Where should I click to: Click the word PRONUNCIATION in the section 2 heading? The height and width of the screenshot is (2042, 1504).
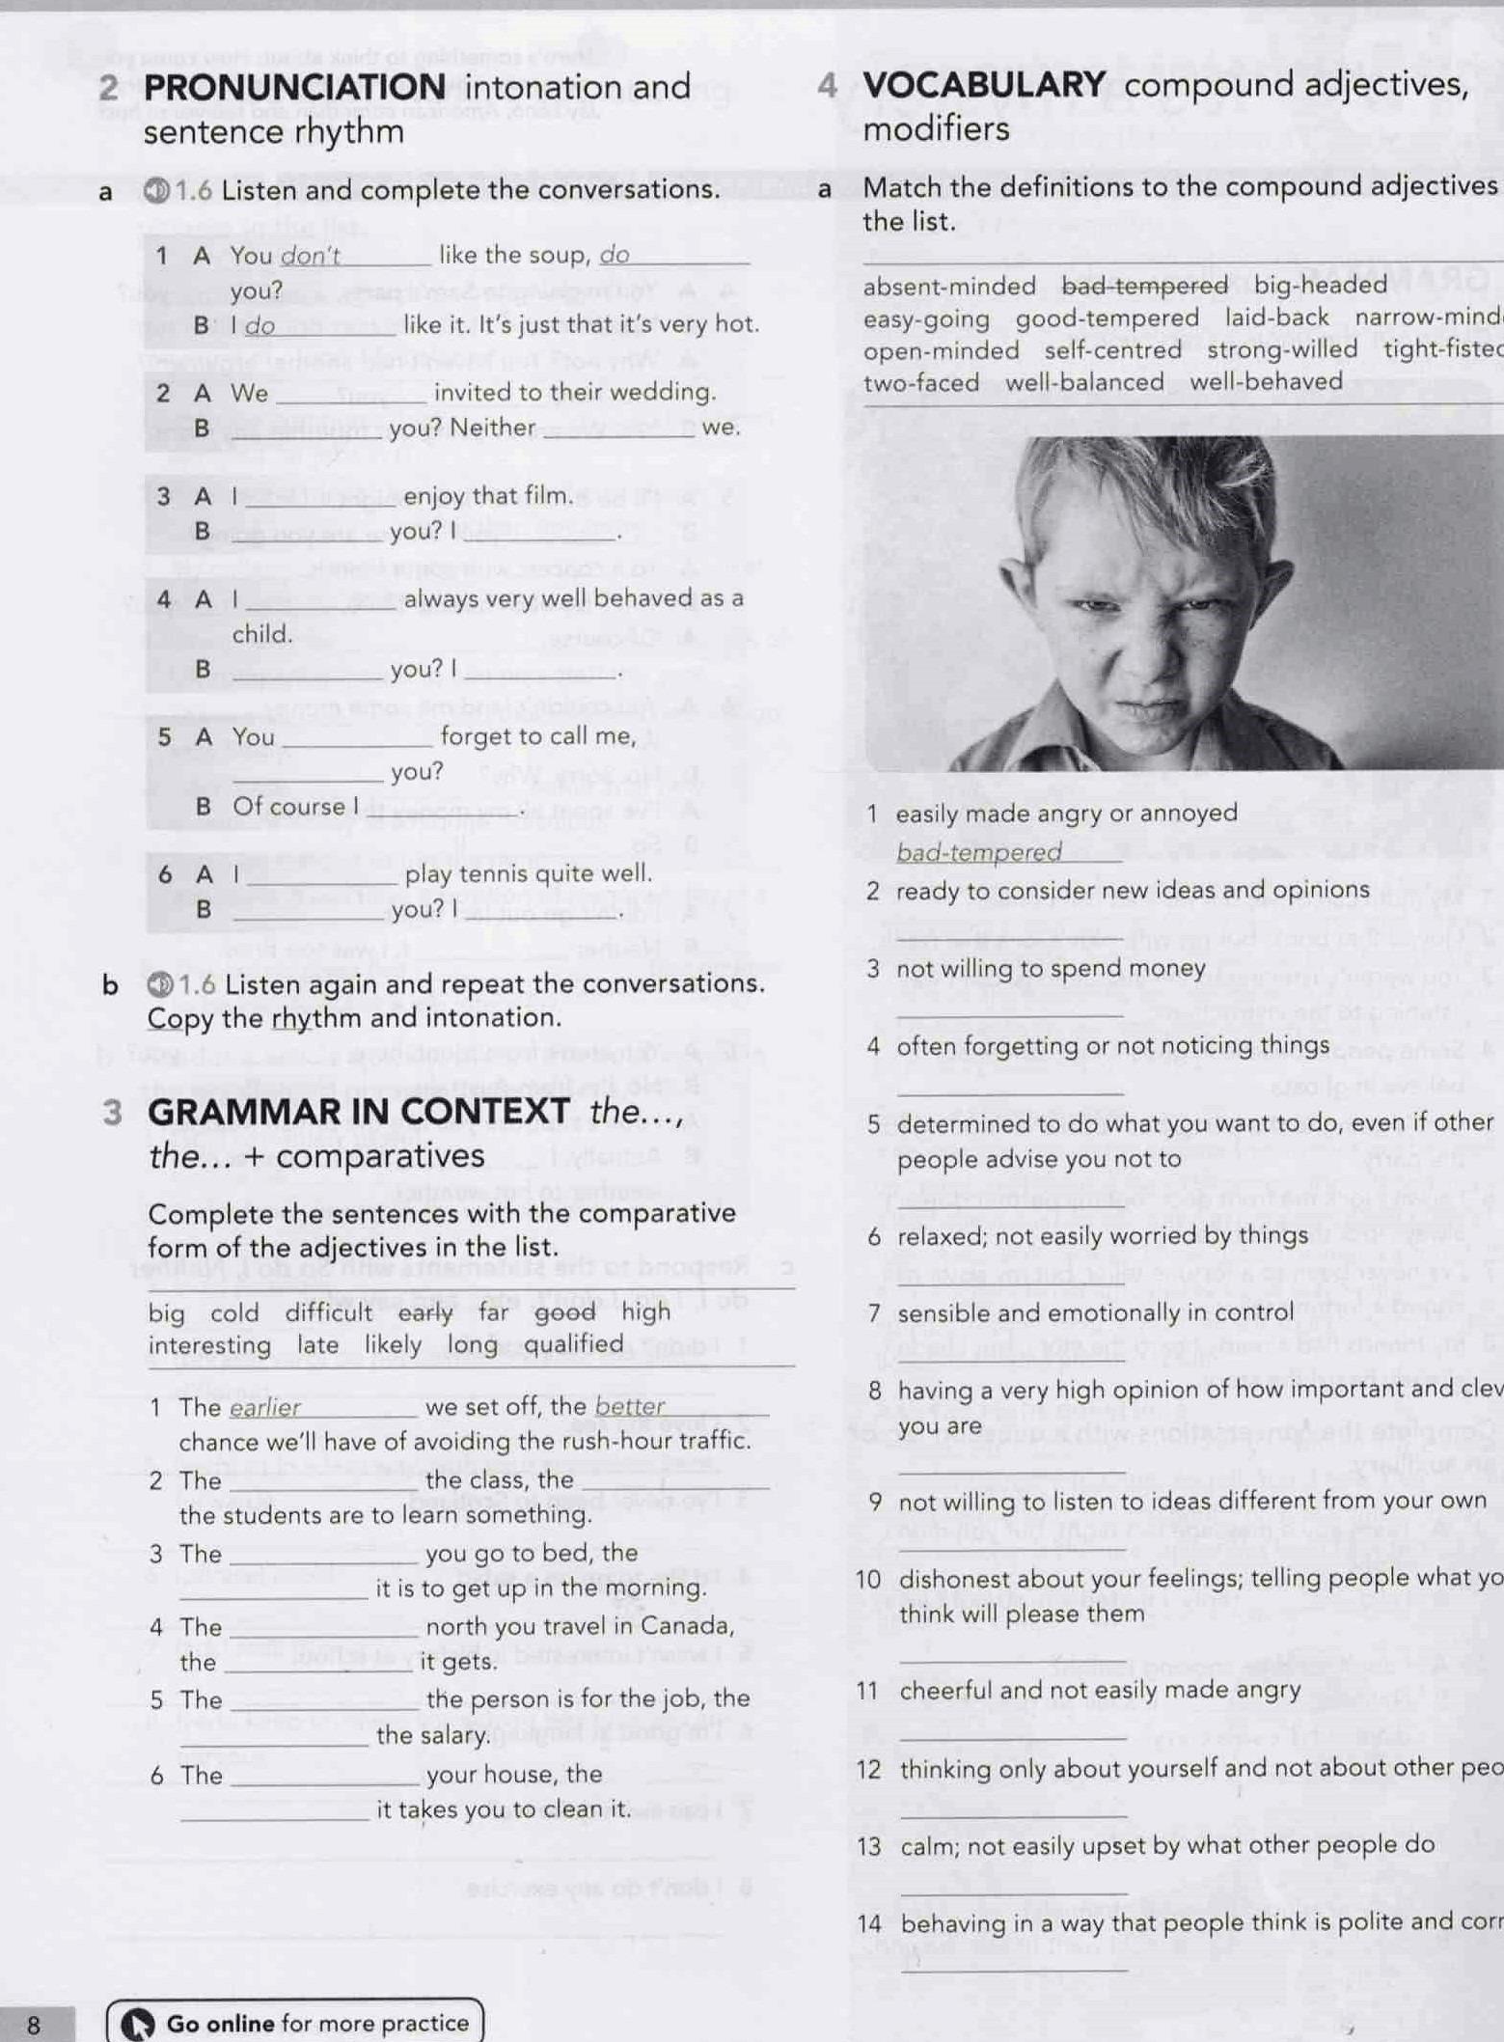point(294,88)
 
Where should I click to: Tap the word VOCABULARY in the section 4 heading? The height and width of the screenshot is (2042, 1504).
point(984,85)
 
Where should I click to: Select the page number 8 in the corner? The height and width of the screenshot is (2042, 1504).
point(35,2024)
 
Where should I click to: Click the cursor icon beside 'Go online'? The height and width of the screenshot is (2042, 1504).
point(138,2024)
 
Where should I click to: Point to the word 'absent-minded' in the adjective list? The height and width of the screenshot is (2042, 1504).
point(948,287)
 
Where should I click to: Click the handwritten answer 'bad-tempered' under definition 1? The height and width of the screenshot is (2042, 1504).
point(978,852)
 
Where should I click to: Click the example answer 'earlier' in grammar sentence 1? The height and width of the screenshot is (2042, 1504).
point(265,1408)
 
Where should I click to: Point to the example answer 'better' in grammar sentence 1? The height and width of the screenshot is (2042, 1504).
point(630,1407)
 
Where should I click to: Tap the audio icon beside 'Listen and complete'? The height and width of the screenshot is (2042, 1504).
point(157,190)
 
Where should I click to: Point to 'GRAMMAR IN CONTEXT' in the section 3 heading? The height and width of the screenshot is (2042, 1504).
point(359,1113)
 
